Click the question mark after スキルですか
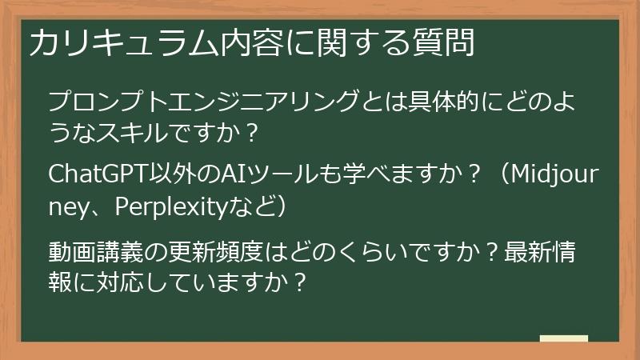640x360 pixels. click(x=253, y=132)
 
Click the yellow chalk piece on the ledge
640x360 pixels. click(x=562, y=338)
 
